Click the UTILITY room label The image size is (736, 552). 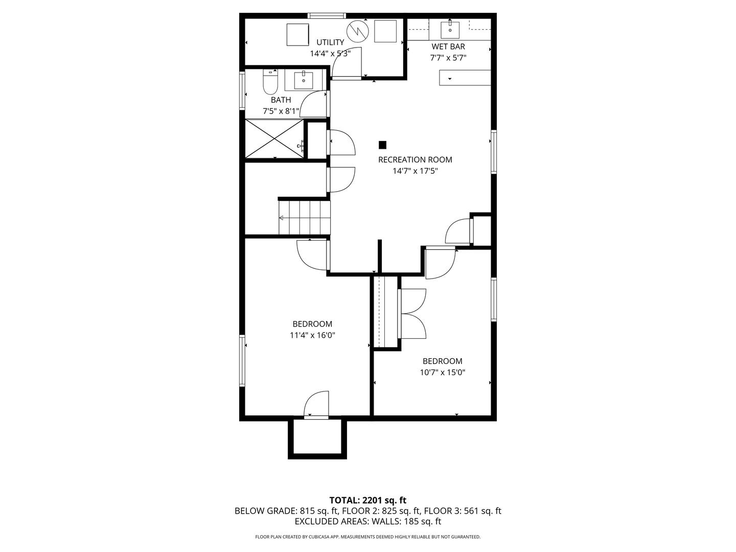click(330, 42)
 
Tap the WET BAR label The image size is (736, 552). click(448, 47)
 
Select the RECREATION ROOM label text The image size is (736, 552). click(415, 159)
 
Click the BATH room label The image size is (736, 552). click(281, 100)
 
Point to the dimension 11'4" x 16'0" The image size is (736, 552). click(312, 335)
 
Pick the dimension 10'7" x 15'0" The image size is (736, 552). click(442, 373)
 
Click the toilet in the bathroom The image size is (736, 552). click(270, 83)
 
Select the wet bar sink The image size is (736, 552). click(450, 30)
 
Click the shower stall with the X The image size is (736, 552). click(274, 139)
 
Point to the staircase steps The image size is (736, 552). click(305, 217)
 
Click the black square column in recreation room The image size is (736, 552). click(382, 145)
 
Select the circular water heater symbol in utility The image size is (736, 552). click(357, 31)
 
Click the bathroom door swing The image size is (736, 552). click(313, 105)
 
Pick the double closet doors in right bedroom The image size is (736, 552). click(413, 313)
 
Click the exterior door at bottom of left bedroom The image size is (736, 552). click(316, 406)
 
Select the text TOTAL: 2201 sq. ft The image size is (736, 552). click(367, 500)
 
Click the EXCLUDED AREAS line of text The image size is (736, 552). click(367, 521)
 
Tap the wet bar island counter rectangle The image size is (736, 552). click(465, 78)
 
